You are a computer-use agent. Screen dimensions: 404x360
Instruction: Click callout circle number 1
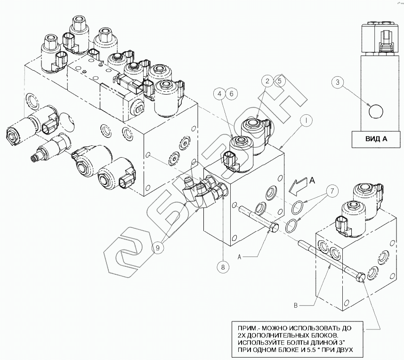click(307, 120)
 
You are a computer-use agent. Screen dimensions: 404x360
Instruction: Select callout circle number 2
click(267, 81)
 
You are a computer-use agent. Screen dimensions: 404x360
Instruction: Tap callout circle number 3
click(338, 82)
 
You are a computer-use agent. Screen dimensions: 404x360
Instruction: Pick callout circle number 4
click(219, 94)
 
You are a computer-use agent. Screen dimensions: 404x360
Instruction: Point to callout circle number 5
click(280, 81)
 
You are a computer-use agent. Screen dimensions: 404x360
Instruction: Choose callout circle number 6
click(231, 94)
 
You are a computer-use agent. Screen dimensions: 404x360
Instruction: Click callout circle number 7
click(332, 191)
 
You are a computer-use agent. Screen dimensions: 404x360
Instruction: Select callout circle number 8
click(223, 267)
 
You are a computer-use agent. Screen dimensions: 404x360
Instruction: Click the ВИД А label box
click(376, 139)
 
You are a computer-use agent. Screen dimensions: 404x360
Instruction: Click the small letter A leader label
click(239, 257)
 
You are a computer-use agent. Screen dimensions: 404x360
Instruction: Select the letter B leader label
click(296, 305)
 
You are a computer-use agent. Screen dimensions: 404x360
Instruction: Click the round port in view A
click(376, 112)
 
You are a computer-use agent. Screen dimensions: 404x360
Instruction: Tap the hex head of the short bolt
click(274, 228)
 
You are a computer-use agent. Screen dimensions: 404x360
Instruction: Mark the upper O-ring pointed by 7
click(298, 208)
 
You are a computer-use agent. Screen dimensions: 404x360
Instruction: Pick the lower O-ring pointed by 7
click(291, 225)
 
